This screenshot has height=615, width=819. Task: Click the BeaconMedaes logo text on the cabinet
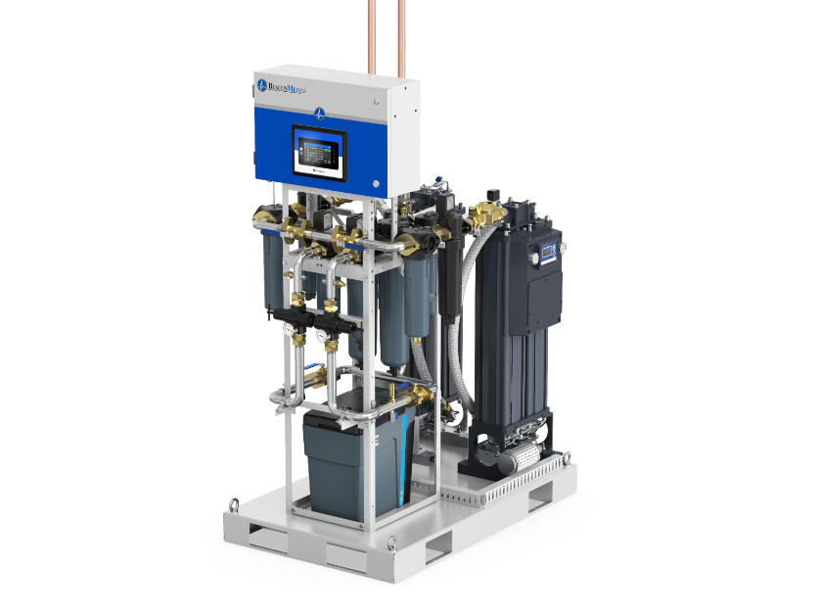point(285,86)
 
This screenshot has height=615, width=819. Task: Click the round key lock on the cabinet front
point(375,183)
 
